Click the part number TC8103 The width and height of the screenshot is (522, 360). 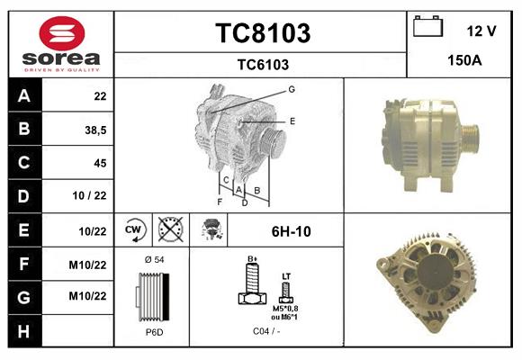coord(263,33)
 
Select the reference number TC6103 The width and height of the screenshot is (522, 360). coord(263,64)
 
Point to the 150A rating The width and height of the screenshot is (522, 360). coord(465,61)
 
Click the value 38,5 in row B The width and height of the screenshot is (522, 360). coord(94,130)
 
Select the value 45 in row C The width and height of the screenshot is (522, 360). coord(99,163)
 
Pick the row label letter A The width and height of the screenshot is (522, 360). coord(23,96)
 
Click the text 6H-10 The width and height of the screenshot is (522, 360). coord(291,231)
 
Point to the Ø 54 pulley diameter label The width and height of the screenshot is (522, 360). coord(153,260)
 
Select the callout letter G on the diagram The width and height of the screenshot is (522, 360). coord(292,89)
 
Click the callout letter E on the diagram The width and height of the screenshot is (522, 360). coord(292,121)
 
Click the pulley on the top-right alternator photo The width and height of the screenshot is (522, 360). coord(468,137)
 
